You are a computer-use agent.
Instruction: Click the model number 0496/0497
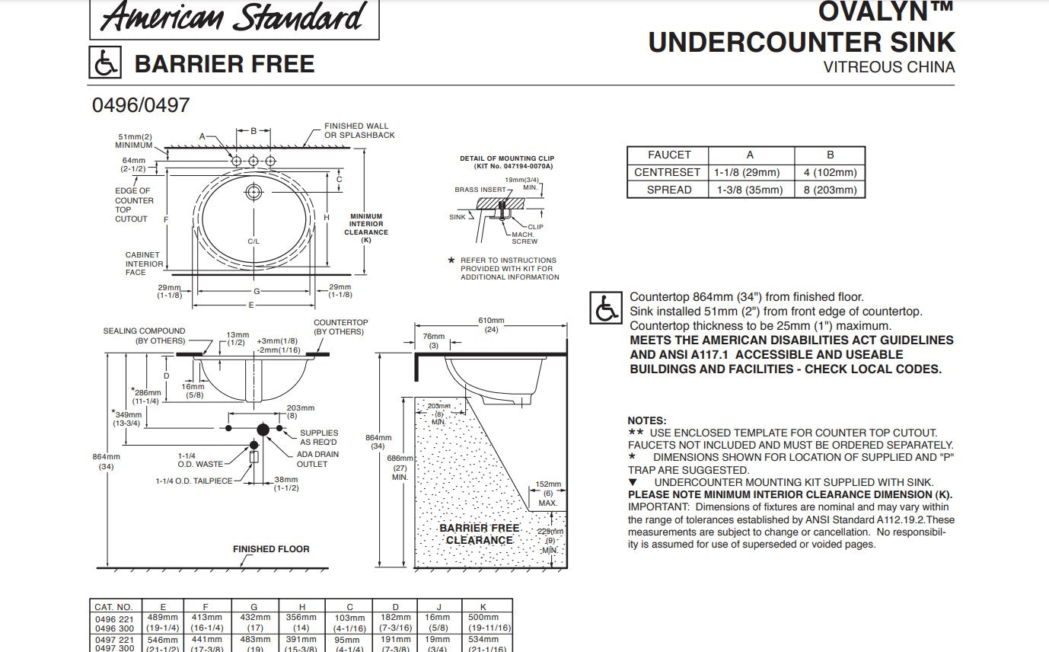pos(141,104)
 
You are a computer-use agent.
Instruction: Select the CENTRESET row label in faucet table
pos(667,172)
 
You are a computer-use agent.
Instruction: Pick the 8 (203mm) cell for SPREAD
pos(830,190)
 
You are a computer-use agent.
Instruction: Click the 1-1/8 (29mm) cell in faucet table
pos(750,172)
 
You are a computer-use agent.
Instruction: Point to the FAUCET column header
pos(669,155)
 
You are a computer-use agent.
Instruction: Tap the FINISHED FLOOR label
pos(271,549)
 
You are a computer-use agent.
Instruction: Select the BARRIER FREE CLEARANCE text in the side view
pos(480,534)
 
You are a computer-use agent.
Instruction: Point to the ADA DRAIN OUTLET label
pos(317,459)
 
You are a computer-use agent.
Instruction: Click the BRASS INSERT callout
pos(480,190)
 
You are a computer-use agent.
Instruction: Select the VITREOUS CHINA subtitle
pos(888,67)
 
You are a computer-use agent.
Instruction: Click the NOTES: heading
pos(646,420)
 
